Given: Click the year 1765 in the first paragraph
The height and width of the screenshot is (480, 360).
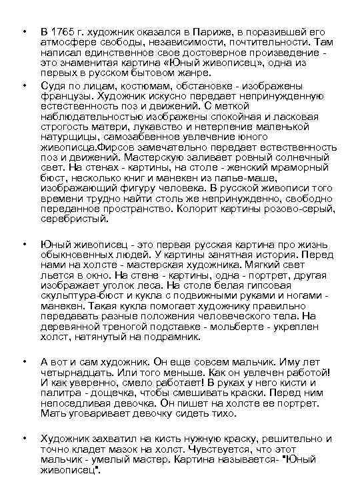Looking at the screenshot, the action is click(x=67, y=32).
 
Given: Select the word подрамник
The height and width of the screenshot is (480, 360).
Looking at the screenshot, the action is click(x=169, y=337).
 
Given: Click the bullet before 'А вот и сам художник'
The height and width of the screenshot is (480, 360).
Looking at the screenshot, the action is click(x=24, y=362).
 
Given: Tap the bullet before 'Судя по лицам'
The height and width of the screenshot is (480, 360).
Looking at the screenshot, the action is click(x=24, y=85).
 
